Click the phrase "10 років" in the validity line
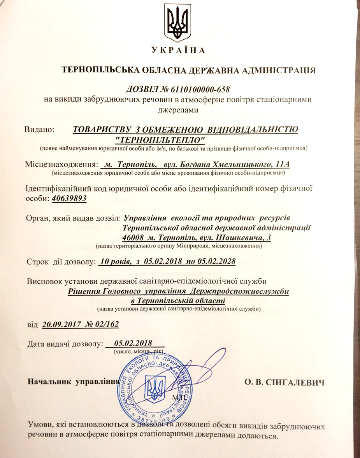(x=115, y=261)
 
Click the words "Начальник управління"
(x=72, y=382)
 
